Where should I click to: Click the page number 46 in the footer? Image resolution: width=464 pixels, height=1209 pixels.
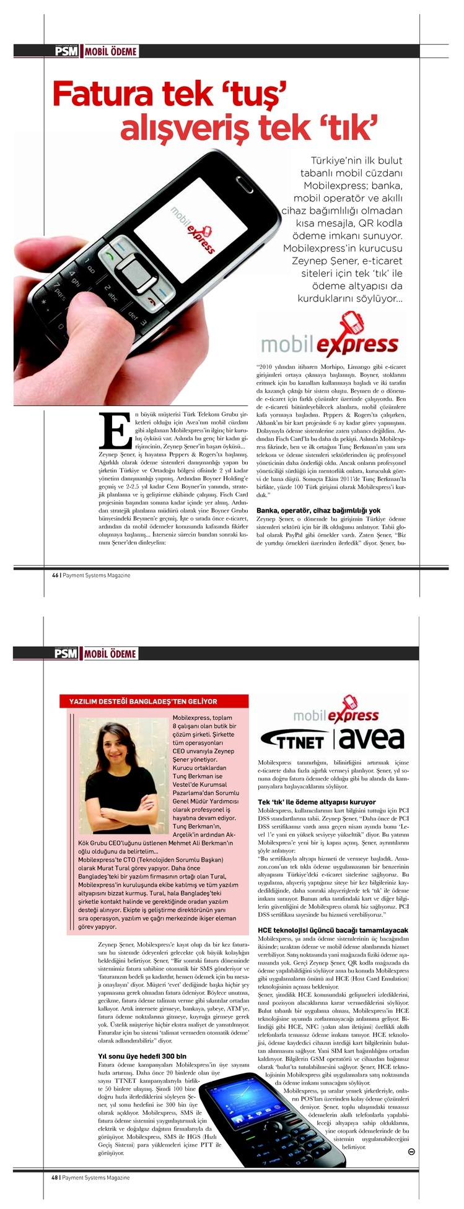click(55, 575)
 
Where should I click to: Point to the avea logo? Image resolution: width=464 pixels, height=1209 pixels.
click(372, 738)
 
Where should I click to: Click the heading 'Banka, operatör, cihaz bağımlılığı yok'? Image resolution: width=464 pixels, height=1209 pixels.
click(318, 510)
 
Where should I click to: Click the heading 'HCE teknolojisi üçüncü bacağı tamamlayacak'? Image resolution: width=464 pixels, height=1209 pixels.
click(333, 930)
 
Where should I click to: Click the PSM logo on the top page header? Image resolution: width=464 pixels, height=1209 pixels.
click(66, 51)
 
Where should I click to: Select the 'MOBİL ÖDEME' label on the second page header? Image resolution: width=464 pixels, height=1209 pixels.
click(110, 654)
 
